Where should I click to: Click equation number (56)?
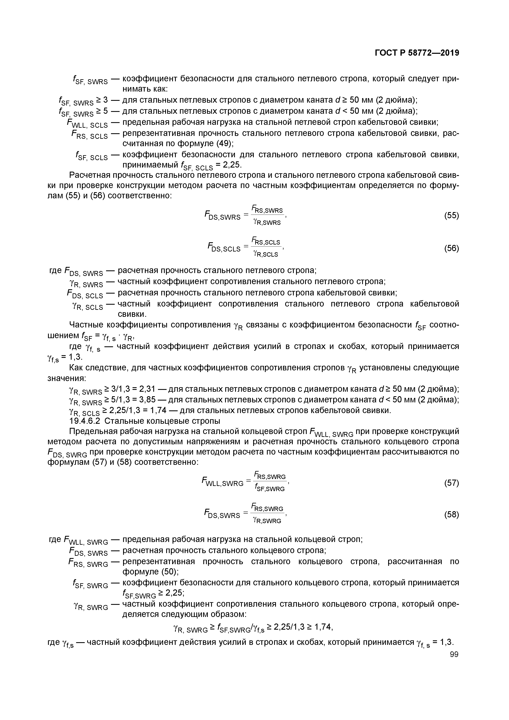coord(451,248)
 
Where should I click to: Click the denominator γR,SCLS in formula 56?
coord(266,254)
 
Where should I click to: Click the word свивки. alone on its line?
coord(132,314)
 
